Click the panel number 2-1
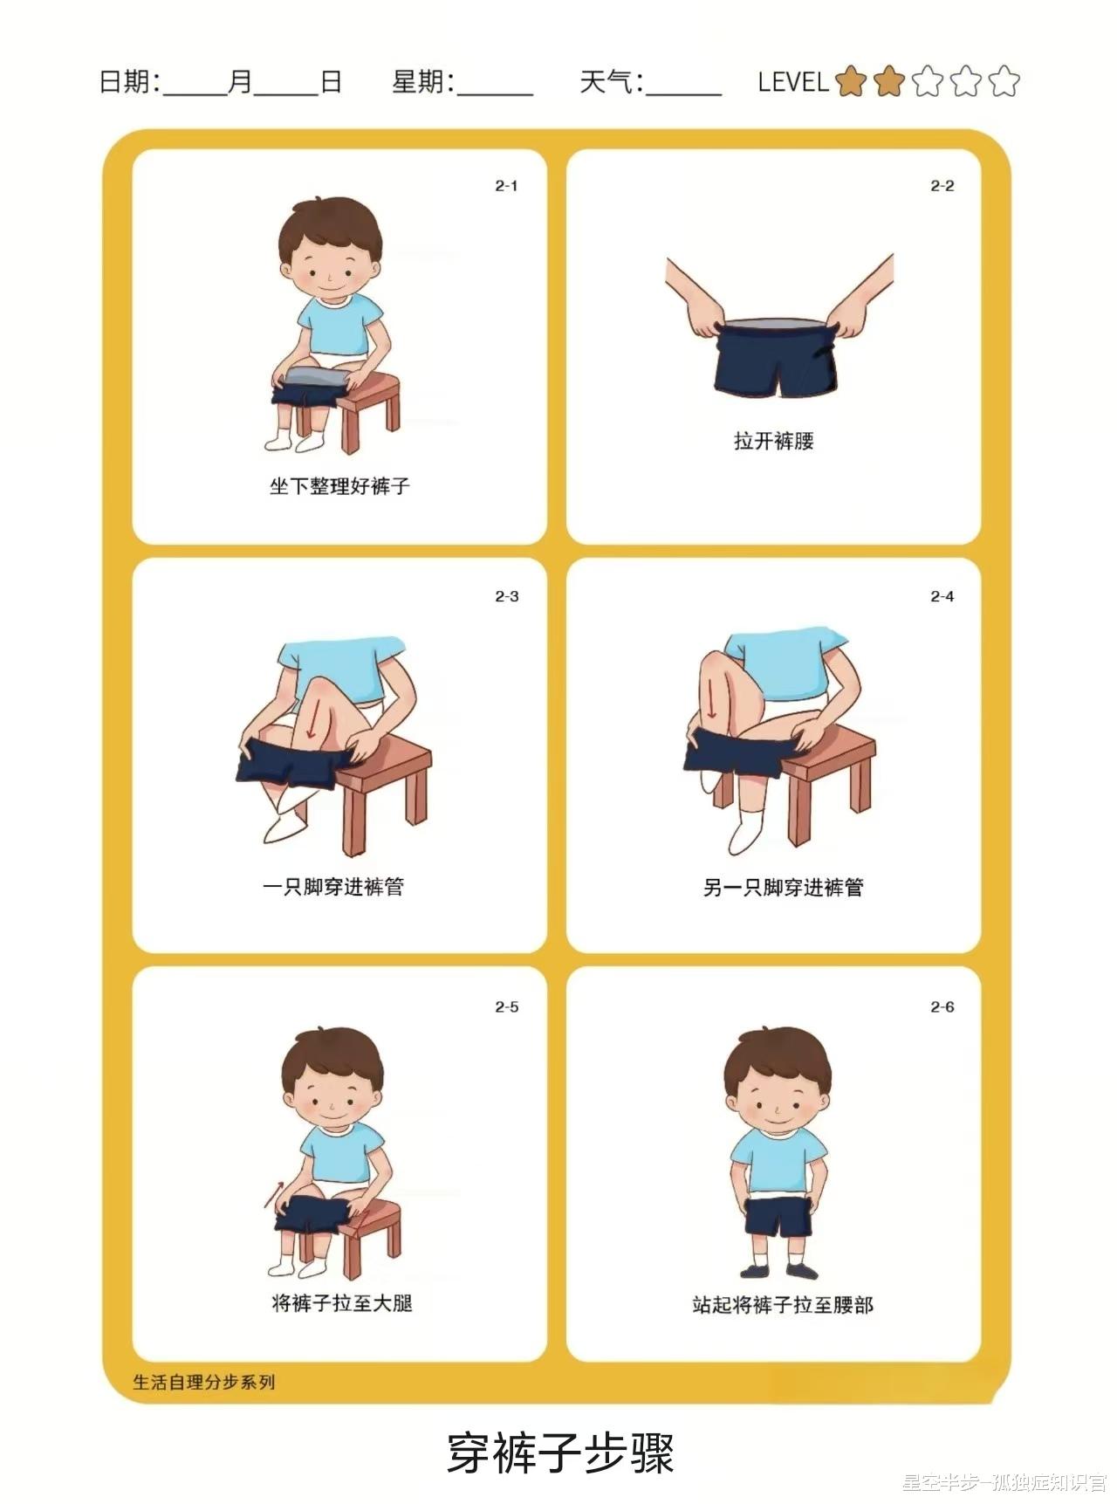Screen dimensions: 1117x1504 506,186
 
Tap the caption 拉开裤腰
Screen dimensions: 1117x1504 773,441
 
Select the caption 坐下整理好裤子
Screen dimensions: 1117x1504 339,486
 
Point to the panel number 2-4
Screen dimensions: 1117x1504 942,597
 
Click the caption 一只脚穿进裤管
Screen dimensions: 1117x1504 333,887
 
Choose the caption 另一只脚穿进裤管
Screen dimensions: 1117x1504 783,888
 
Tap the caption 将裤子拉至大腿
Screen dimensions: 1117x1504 342,1303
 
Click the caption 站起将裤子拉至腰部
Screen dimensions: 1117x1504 783,1305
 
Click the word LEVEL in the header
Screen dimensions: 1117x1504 792,82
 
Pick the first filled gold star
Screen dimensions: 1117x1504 850,81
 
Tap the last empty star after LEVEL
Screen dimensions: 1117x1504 1004,81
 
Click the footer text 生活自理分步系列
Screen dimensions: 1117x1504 204,1382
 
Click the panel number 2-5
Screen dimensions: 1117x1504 506,1007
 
